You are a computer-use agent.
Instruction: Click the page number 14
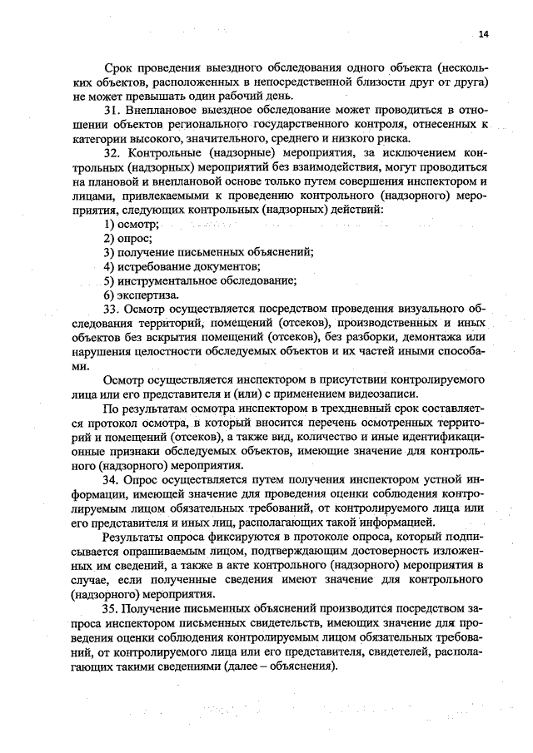click(484, 34)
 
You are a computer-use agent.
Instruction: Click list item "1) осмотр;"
click(131, 225)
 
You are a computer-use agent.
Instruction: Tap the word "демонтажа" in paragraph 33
click(436, 338)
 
